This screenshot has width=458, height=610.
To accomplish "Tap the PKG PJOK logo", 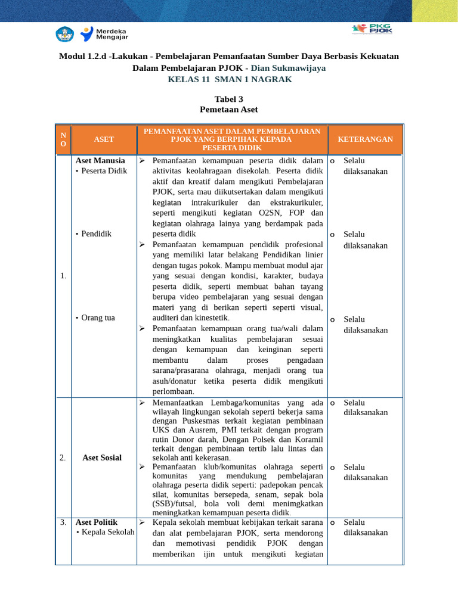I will [372, 29].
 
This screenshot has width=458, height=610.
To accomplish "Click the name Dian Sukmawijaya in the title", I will [289, 68].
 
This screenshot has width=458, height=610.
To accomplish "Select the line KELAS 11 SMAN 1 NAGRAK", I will [230, 79].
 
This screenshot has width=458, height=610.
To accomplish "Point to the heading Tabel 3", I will [229, 99].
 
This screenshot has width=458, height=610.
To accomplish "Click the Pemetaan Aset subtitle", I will [229, 110].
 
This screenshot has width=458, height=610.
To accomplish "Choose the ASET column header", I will [104, 139].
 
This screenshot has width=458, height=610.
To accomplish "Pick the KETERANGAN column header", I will [365, 139].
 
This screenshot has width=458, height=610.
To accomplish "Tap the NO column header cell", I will [63, 139].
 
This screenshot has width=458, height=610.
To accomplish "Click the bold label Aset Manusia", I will [100, 160].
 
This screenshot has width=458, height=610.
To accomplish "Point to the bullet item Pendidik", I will [96, 234].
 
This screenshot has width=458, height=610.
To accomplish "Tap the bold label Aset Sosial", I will [103, 457].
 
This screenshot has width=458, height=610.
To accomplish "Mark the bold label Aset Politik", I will [97, 522].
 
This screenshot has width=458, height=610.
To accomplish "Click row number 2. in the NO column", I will [63, 457].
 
